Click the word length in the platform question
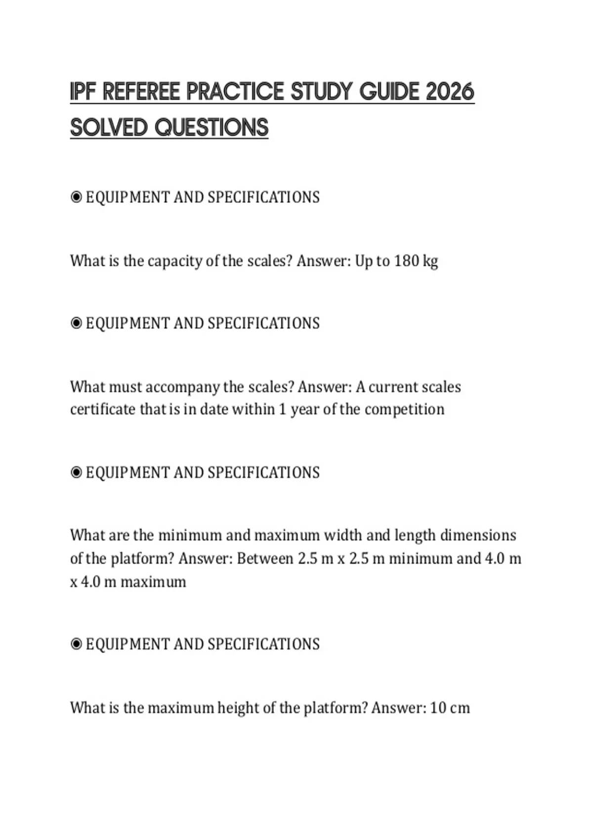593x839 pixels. (x=415, y=535)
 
